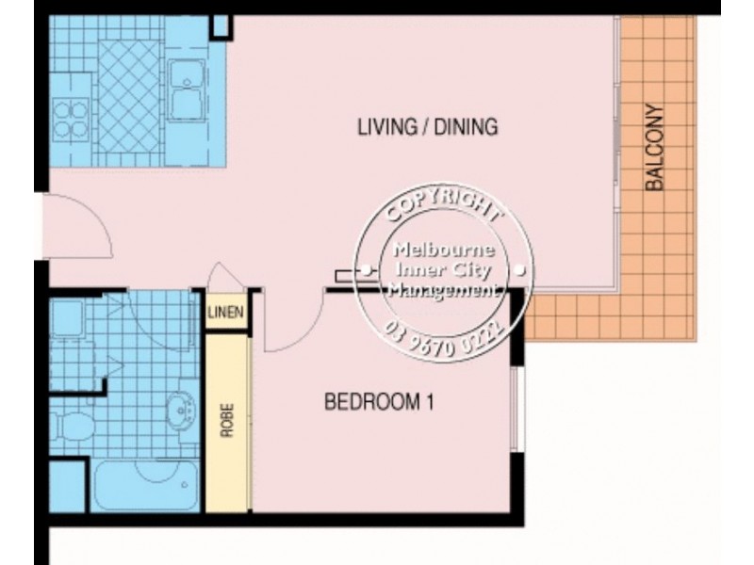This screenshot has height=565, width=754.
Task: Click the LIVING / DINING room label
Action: (426, 126)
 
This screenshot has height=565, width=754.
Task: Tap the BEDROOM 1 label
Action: (378, 403)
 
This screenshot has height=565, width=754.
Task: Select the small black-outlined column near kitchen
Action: (221, 25)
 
